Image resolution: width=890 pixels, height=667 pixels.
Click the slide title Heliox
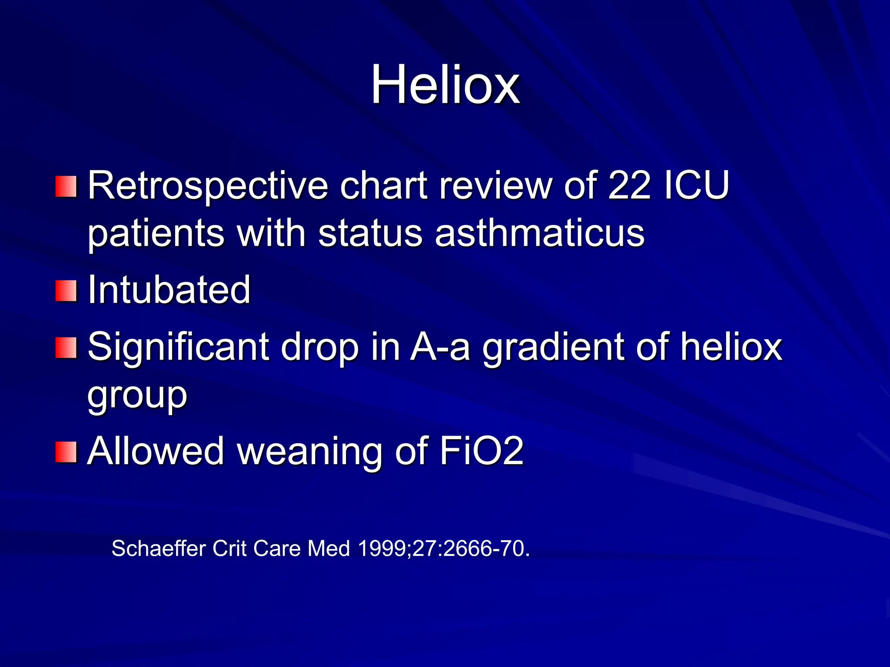pos(445,85)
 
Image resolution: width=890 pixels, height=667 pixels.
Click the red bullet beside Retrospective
pos(66,186)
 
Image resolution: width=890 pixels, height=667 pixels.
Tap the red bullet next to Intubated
pos(66,291)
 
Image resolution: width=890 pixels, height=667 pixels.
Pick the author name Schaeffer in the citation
pos(159,548)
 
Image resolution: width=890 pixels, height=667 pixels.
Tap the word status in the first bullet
pos(370,233)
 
